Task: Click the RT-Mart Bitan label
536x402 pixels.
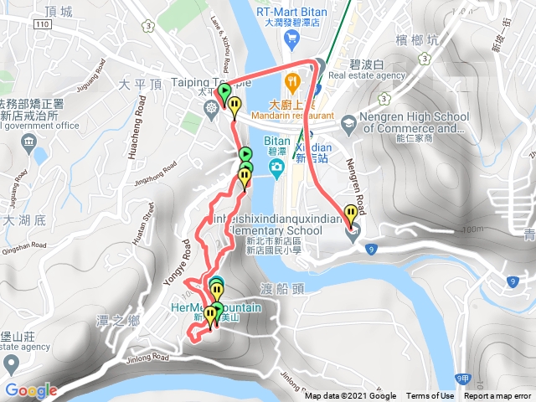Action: [x=292, y=12]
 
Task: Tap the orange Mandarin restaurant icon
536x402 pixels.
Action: [x=291, y=82]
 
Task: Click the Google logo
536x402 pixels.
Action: [x=30, y=390]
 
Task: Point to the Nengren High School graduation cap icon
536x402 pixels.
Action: [x=346, y=125]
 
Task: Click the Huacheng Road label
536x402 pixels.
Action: [x=131, y=150]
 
